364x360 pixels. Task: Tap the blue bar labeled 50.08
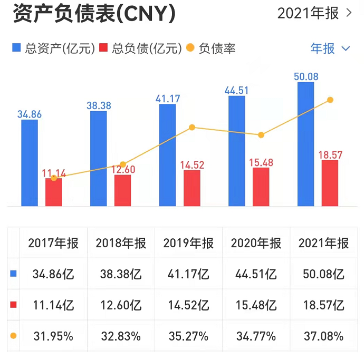click(x=308, y=143)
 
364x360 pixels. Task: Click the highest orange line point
click(x=330, y=100)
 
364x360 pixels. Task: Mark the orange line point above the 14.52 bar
click(x=192, y=127)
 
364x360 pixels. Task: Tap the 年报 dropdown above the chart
click(x=330, y=48)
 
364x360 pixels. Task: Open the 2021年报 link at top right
click(x=314, y=13)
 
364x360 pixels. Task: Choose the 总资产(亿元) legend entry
click(x=53, y=48)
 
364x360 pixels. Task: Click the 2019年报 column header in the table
click(x=188, y=243)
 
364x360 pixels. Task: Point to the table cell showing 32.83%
click(x=121, y=336)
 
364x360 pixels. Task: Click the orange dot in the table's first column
click(x=13, y=335)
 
